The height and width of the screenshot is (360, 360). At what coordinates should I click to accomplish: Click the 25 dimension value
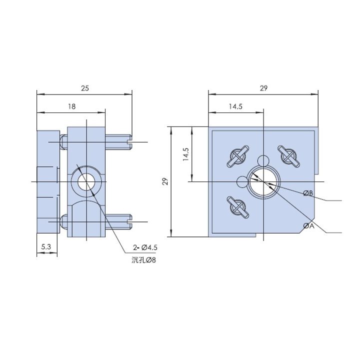[x=85, y=88]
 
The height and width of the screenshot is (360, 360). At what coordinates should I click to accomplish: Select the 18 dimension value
[x=71, y=106]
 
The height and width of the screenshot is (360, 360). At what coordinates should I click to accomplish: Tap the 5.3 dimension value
[x=46, y=247]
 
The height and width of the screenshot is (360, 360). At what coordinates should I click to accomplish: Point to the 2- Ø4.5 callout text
[x=145, y=247]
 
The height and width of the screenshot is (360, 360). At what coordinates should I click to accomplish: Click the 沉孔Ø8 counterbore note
[x=143, y=260]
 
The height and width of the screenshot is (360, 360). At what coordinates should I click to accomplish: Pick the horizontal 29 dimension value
[x=263, y=88]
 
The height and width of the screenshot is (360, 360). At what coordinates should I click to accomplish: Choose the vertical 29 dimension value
[x=166, y=181]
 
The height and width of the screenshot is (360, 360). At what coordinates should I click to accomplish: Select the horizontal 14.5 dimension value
[x=235, y=106]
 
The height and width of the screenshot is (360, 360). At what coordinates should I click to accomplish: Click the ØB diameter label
[x=308, y=193]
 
